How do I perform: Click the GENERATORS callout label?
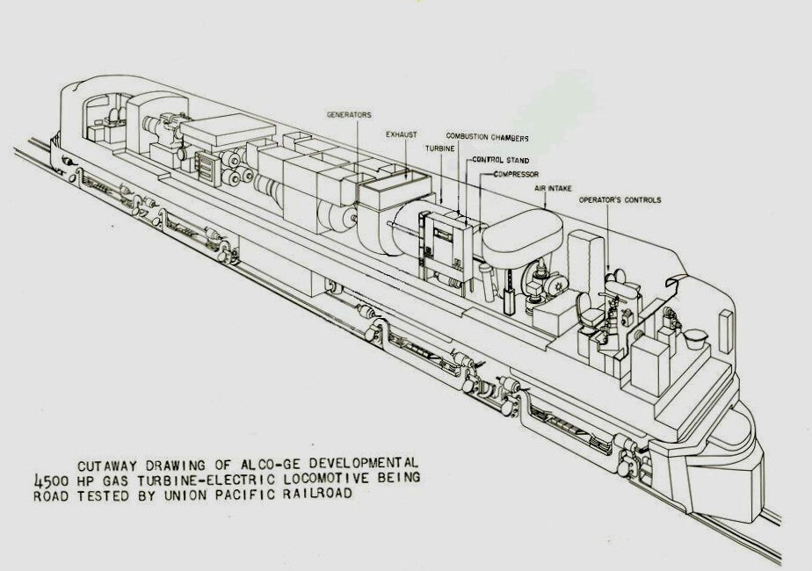(349, 115)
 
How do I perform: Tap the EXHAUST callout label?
(402, 134)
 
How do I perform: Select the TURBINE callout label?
(440, 149)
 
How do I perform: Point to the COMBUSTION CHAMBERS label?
(487, 137)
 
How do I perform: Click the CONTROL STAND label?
(500, 161)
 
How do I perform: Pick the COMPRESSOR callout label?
(515, 174)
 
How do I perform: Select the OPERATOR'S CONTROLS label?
(620, 200)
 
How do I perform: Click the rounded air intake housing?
(523, 230)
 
